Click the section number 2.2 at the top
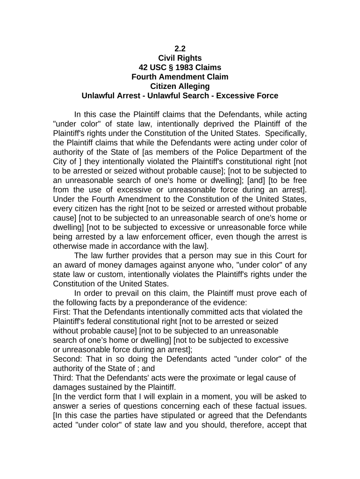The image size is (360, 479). coord(180,49)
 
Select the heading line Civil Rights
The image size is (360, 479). coord(180,58)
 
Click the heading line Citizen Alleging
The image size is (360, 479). coord(180,86)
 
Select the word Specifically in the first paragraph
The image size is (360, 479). coord(285,133)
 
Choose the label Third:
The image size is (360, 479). coord(64,378)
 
